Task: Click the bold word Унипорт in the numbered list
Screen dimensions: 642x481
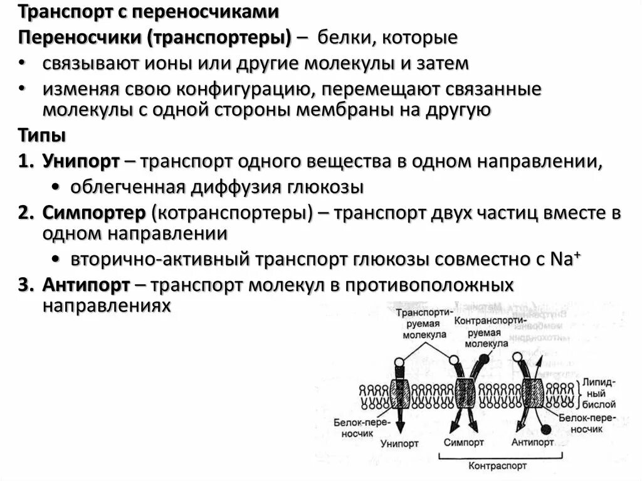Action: click(82, 161)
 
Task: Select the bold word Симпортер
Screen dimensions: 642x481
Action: click(93, 213)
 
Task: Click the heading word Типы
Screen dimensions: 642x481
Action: click(41, 135)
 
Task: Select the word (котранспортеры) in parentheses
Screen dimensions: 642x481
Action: click(231, 213)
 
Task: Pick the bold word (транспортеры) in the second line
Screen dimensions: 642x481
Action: click(219, 38)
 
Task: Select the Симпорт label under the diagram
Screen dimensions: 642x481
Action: click(464, 442)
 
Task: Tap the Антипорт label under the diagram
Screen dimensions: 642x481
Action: click(532, 442)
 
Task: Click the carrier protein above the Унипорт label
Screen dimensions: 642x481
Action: click(399, 393)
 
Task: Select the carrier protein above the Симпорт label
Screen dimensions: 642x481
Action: click(465, 393)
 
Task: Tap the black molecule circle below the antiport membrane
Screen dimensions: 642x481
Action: click(546, 429)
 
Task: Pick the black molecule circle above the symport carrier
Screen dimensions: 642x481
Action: click(484, 360)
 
